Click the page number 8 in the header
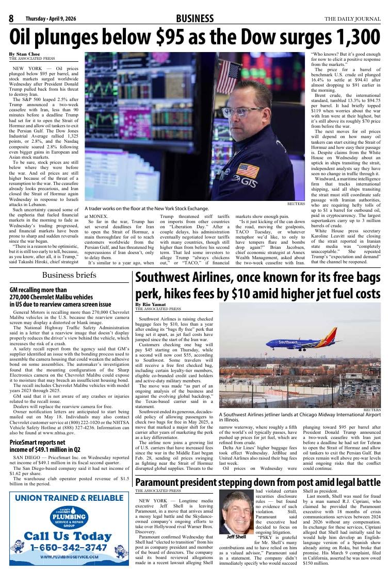pos(10,19)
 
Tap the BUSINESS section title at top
pos(194,19)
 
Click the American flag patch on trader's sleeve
pos(247,171)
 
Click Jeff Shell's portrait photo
pos(236,512)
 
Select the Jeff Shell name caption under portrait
pos(236,537)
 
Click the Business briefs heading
pos(69,275)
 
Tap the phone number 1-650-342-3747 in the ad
pos(69,547)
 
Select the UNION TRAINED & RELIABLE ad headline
pos(69,498)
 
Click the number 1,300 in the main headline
pos(354,38)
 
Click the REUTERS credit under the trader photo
pos(297,204)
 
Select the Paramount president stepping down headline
pos(257,482)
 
